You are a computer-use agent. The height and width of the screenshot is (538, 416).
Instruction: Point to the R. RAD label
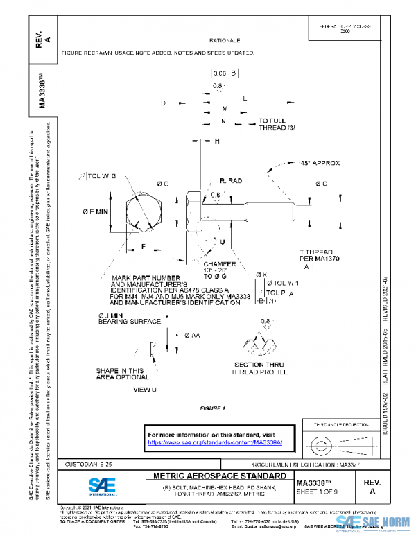[231, 181]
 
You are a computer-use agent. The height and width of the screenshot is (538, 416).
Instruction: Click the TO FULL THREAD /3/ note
[277, 125]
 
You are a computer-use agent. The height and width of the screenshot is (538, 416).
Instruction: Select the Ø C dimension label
[321, 184]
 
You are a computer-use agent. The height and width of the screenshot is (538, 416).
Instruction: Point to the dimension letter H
[217, 141]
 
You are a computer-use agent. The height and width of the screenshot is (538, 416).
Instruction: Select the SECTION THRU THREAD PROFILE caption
[261, 368]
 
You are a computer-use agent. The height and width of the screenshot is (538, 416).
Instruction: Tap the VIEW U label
[146, 390]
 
